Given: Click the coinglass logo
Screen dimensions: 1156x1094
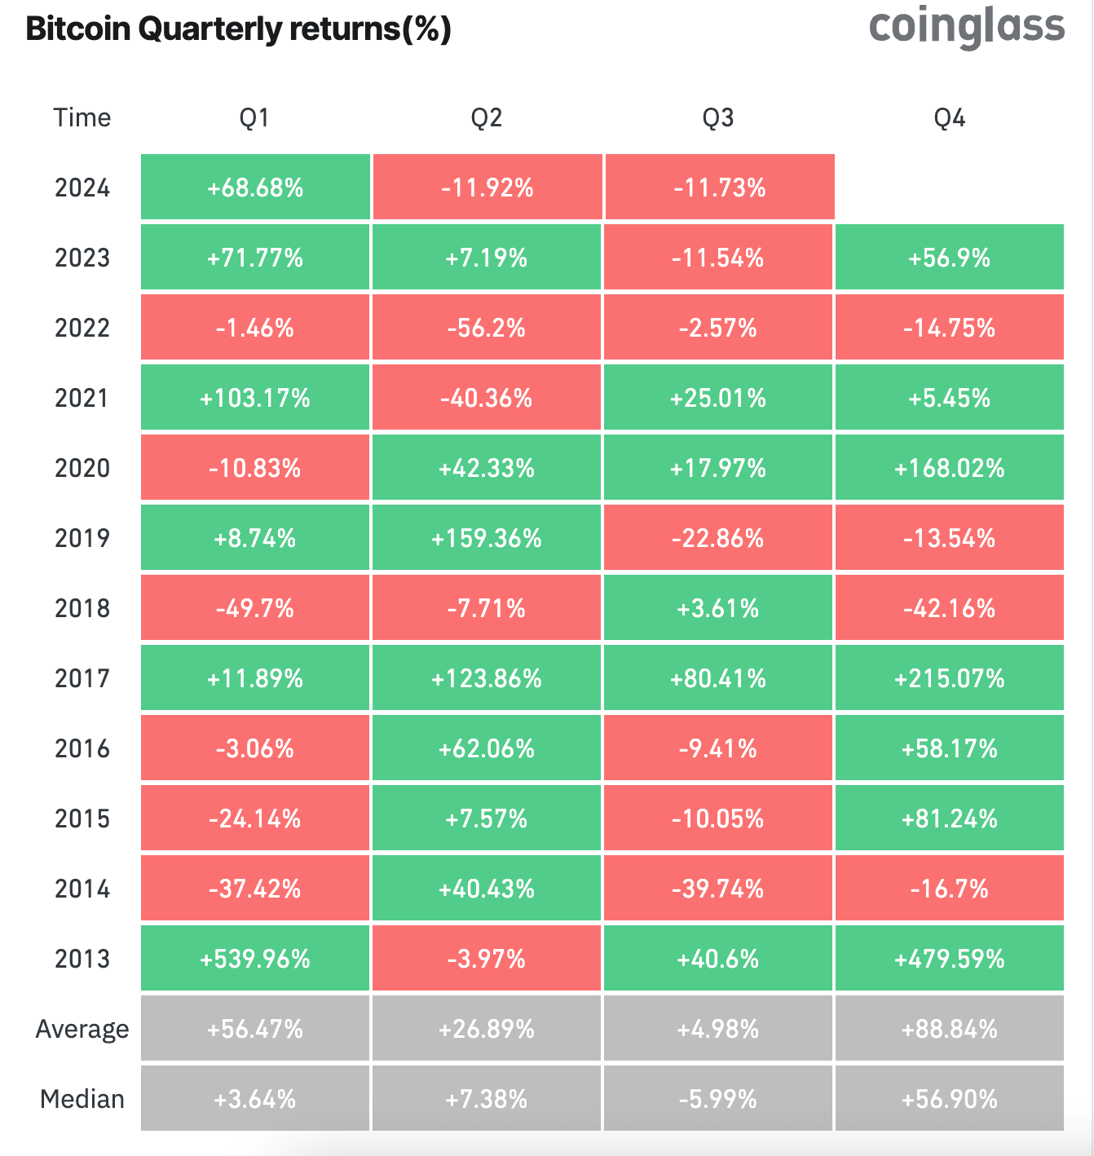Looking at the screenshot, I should [967, 27].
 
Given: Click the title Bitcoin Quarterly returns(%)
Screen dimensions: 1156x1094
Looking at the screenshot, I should [238, 29].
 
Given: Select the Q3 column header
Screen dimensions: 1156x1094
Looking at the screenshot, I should [718, 118].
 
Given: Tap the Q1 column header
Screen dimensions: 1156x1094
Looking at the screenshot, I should [254, 118].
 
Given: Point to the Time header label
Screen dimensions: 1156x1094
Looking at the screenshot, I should [82, 118].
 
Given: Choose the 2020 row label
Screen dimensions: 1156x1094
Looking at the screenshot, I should [82, 468].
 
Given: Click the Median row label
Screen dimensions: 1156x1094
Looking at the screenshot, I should [82, 1099].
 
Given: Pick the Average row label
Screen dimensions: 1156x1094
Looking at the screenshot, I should [82, 1029].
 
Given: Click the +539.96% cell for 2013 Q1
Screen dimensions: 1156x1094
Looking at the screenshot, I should [255, 959].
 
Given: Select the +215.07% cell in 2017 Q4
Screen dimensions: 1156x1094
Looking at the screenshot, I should [950, 678].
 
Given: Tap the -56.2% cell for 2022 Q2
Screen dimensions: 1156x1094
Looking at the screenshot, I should [487, 328].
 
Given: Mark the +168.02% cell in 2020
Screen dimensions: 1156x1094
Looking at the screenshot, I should [950, 468].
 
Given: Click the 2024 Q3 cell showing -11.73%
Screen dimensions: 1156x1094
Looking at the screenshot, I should [719, 188].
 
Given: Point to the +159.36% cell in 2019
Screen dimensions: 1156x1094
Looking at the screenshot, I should [487, 538].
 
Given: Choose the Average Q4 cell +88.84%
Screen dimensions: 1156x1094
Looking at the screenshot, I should [950, 1029].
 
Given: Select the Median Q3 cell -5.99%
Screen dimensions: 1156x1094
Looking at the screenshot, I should [718, 1099].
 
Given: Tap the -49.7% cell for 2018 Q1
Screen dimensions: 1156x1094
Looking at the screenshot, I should [255, 608].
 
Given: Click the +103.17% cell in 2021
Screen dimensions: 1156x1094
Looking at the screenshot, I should [255, 398].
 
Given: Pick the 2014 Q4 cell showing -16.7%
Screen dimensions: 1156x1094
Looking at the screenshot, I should [950, 889].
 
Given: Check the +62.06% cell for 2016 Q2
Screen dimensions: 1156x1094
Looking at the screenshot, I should [487, 748].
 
